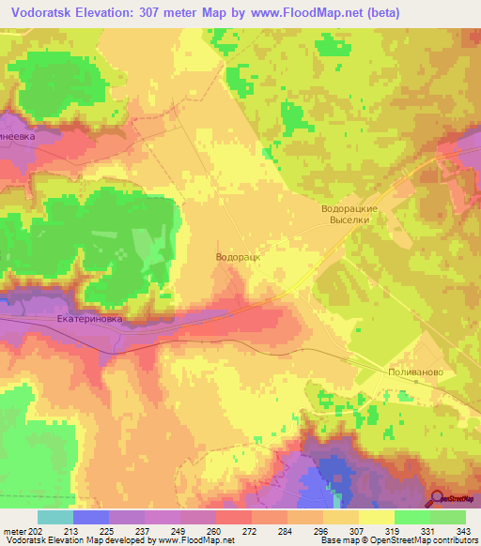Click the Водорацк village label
point(238,255)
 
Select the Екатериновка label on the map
point(89,319)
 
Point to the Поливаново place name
point(414,372)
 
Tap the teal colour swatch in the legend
point(55,517)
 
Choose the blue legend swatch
point(91,517)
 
